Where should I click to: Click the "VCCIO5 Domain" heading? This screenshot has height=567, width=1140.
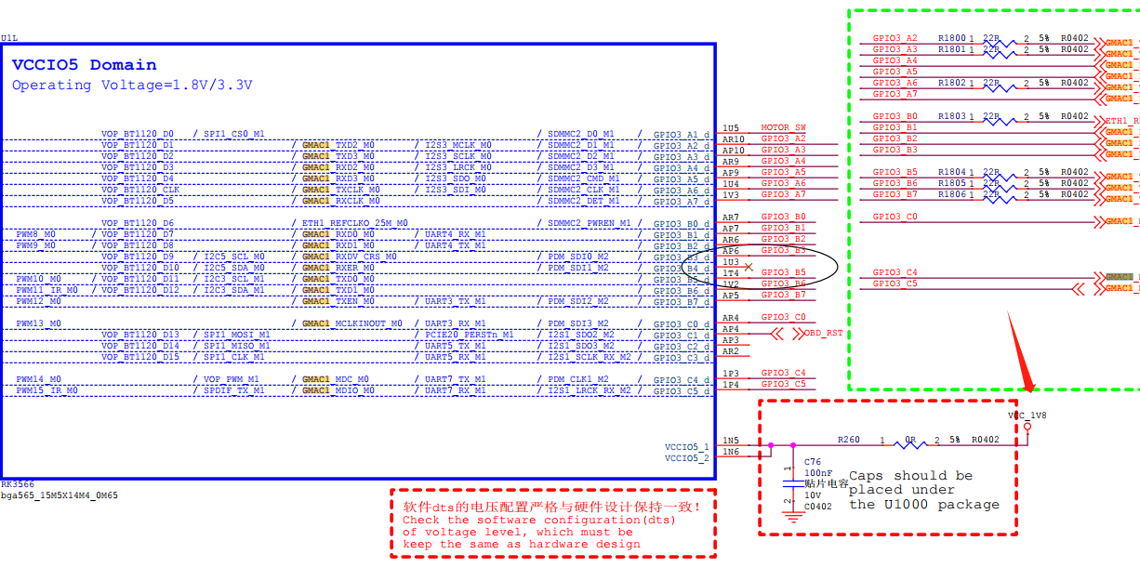(x=84, y=65)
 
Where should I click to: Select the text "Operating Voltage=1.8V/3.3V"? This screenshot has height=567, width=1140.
(x=132, y=86)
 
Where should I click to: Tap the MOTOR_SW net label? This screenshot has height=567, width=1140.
(x=784, y=127)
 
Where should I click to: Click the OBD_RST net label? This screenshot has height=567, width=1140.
(x=823, y=332)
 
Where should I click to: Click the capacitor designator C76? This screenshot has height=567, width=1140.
(x=813, y=462)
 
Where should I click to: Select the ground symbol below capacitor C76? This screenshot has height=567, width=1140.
(x=792, y=518)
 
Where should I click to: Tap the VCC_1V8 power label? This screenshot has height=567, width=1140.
(x=1027, y=415)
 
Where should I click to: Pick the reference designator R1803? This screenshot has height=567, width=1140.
(x=951, y=116)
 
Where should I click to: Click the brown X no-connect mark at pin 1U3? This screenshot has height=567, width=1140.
(x=749, y=266)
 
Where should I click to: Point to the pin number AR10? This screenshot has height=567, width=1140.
(x=733, y=138)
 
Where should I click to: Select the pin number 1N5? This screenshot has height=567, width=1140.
(x=731, y=441)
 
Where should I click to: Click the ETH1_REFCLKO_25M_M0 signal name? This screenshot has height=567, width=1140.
(x=355, y=223)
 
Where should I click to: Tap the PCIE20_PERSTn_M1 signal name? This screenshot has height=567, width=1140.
(x=470, y=335)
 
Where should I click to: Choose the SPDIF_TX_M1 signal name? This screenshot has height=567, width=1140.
(x=234, y=390)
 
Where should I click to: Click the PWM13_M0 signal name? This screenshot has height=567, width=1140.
(x=38, y=323)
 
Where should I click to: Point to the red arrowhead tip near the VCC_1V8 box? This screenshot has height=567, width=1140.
(x=1027, y=390)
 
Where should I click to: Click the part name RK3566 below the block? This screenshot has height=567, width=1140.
(x=18, y=485)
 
